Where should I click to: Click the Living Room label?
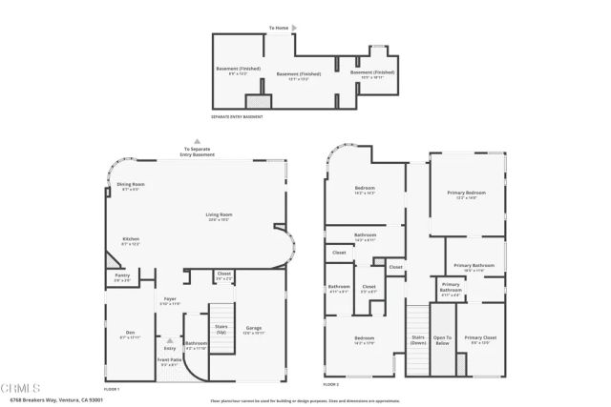point(219,215)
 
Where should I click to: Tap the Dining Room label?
point(130,185)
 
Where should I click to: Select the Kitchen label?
point(131,241)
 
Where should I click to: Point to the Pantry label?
point(121,278)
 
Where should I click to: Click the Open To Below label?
point(442,338)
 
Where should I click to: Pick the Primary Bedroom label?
point(466,195)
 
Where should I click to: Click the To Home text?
point(279,29)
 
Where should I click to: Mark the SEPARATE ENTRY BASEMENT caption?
point(236,116)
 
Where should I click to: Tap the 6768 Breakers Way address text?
point(68,399)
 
